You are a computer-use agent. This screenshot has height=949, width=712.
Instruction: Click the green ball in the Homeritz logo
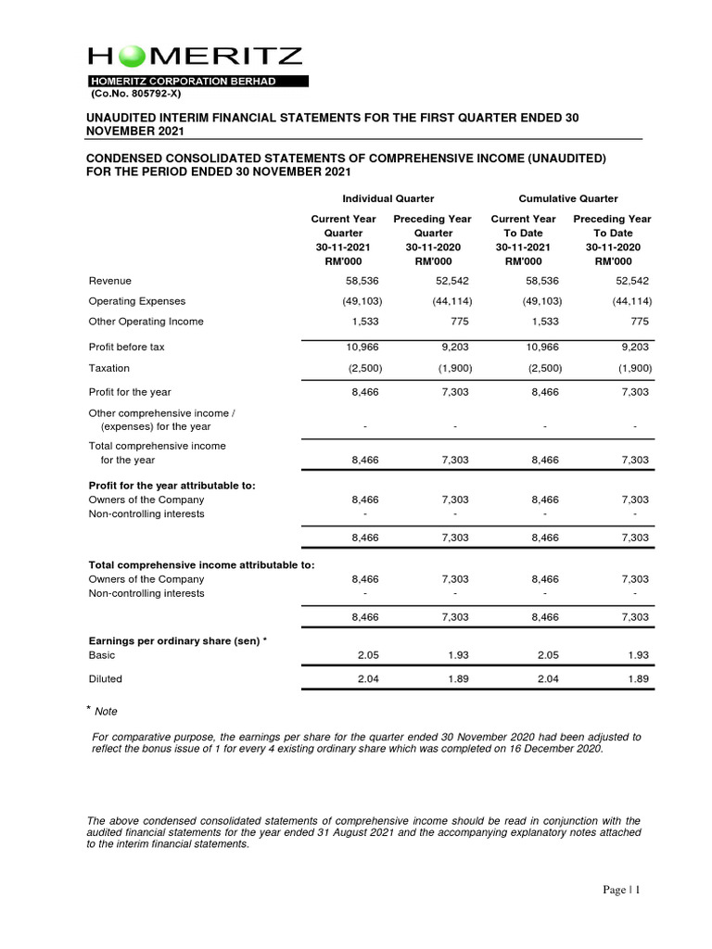coord(132,57)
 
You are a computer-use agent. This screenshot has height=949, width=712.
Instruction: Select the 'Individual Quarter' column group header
coord(388,198)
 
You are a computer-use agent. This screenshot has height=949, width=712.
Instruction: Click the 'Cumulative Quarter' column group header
coord(568,198)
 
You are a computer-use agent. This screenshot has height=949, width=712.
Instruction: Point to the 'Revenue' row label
coord(109,281)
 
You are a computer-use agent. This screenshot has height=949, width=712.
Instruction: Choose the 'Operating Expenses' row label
coord(136,301)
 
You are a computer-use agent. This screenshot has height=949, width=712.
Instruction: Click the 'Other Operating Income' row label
coord(146,322)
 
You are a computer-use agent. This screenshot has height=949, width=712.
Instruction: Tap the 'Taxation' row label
coord(108,368)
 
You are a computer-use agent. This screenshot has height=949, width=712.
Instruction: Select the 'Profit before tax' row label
coord(126,347)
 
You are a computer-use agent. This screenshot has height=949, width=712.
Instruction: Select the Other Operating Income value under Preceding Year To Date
coord(639,322)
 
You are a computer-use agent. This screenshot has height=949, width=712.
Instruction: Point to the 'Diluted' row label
coord(105,678)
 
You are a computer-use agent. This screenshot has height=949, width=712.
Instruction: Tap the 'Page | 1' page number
coord(621,891)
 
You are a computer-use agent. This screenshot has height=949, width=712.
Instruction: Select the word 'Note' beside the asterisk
coord(107,712)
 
